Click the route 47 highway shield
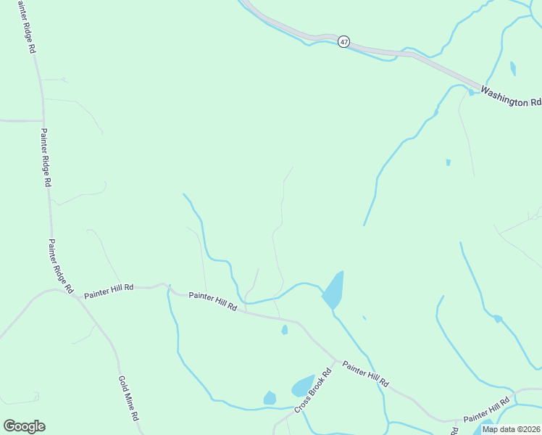[x=343, y=42]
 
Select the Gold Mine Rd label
[x=128, y=398]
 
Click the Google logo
[x=24, y=426]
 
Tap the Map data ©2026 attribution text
[x=511, y=429]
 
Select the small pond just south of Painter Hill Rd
[x=285, y=330]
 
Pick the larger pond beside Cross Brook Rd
[x=302, y=386]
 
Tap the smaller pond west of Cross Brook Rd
[x=270, y=398]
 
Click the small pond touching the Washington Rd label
[x=471, y=92]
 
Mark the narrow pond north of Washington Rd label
[x=513, y=69]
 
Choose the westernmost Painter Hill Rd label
[x=109, y=291]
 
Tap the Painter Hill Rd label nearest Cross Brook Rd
[x=366, y=373]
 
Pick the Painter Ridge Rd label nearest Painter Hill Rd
[x=60, y=266]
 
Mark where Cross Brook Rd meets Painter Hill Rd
[x=335, y=359]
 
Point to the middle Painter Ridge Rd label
[x=46, y=158]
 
